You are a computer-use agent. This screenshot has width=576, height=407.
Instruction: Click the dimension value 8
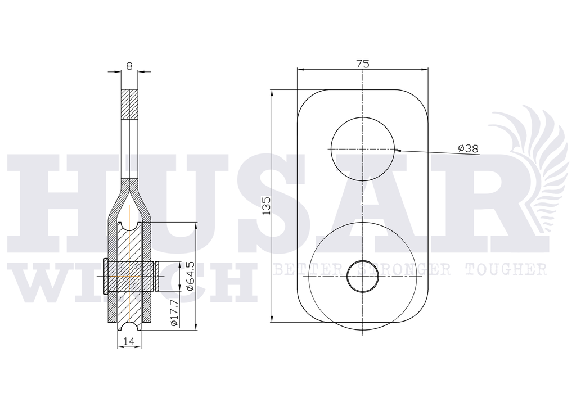129,66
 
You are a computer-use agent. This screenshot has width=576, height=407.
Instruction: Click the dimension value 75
363,64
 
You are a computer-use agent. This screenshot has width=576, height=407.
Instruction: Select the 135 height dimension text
266,206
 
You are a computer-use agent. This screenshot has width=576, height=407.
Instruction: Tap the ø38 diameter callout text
469,148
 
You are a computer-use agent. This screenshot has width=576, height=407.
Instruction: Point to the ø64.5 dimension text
190,276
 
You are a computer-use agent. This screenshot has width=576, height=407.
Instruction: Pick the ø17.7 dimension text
174,313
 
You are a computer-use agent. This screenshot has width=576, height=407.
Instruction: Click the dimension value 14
129,341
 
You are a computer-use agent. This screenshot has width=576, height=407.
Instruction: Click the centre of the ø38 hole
363,149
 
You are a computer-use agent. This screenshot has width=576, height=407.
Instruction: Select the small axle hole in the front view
363,276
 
